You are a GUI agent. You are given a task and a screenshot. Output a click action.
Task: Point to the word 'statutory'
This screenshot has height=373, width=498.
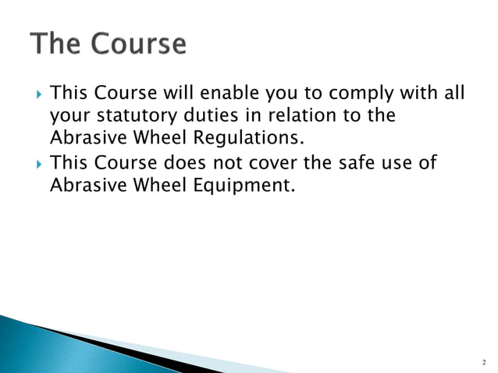coord(134,117)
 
